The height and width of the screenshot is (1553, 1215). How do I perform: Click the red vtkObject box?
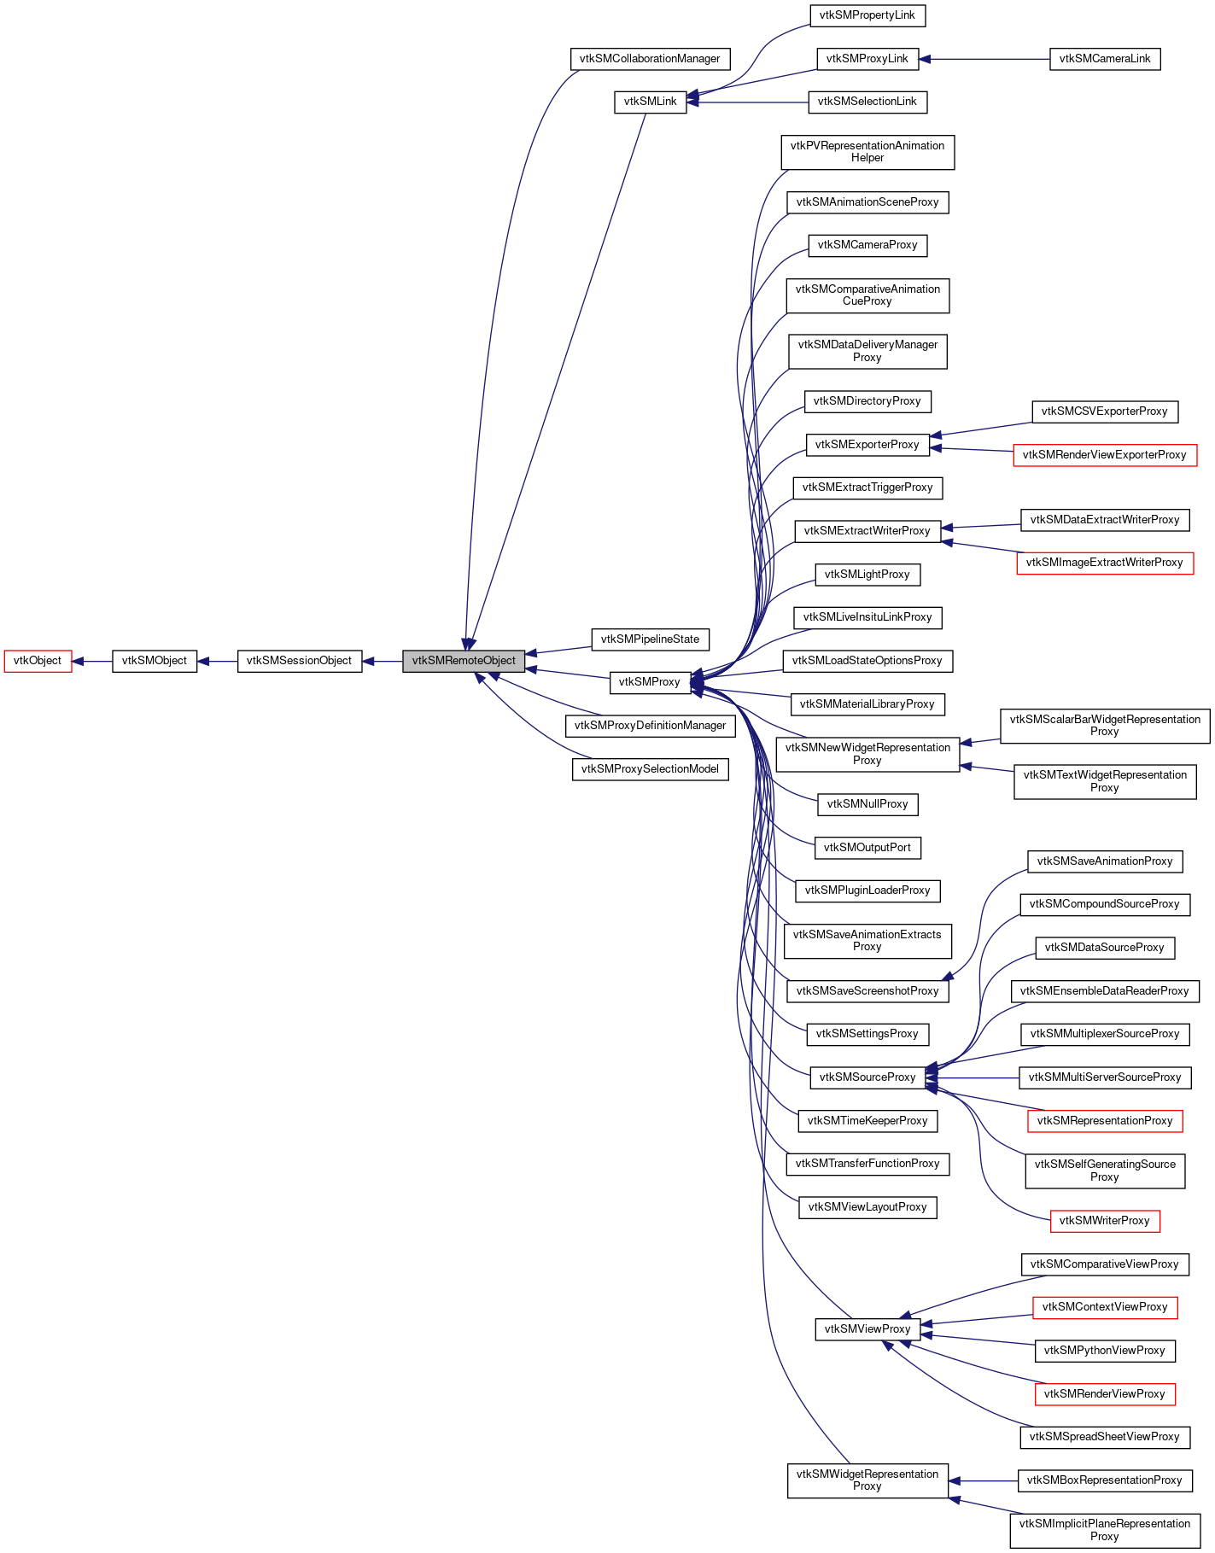pos(38,661)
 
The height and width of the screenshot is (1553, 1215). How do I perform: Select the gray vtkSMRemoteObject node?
pos(464,661)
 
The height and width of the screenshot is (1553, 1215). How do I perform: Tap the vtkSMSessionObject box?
pos(299,661)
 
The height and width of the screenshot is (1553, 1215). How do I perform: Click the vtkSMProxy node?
pos(649,682)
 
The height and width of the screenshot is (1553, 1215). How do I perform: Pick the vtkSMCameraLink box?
pos(1104,59)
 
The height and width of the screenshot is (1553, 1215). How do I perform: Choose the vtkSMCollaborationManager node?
pos(650,59)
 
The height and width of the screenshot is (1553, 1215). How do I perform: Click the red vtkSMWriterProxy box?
pos(1104,1221)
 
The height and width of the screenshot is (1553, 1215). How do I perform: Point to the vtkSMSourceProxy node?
pos(867,1077)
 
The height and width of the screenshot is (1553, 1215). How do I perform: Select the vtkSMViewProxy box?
pos(867,1329)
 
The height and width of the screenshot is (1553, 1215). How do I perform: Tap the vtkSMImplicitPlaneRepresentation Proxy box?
pos(1104,1530)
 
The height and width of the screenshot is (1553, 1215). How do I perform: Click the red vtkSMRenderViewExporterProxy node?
pos(1104,455)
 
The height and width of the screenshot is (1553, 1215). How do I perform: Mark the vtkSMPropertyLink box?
pos(867,15)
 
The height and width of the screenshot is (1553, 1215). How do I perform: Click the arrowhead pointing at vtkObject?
pos(78,661)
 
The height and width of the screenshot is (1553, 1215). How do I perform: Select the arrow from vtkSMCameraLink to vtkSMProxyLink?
pos(982,59)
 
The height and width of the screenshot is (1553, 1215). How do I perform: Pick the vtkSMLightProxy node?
pos(867,575)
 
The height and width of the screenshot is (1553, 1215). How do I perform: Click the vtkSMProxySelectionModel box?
pos(650,769)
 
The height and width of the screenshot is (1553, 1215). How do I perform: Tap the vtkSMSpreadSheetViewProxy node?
pos(1104,1437)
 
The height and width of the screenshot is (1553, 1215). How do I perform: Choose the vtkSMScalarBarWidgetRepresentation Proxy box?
pos(1104,726)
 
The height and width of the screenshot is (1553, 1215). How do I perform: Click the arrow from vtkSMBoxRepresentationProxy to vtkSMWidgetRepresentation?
pos(982,1480)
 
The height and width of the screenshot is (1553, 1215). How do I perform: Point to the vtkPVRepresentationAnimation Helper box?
pos(867,152)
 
